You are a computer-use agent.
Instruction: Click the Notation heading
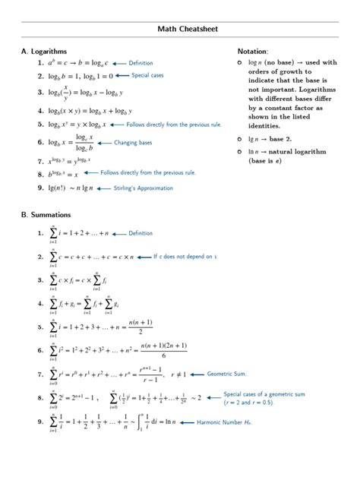[x=253, y=51]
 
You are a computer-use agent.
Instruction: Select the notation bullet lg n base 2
[x=241, y=139]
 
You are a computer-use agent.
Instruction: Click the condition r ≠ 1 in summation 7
[x=178, y=374]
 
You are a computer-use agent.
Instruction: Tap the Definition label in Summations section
[x=141, y=233]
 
